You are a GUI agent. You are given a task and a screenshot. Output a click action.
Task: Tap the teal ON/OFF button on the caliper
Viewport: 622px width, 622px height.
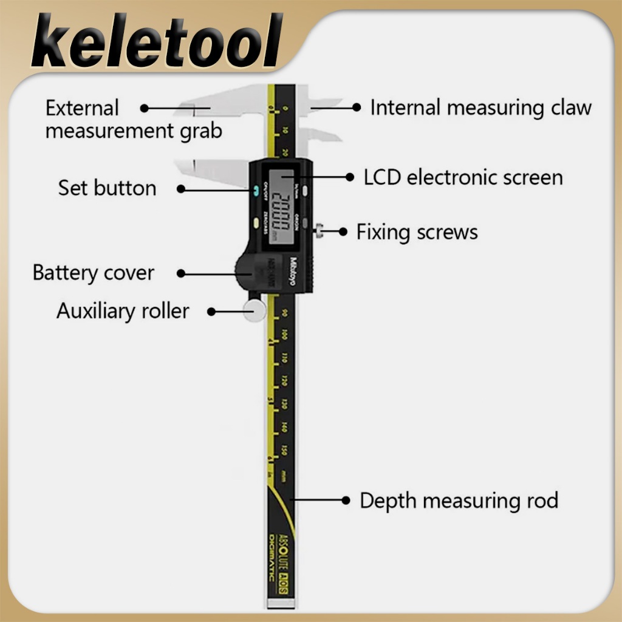click(x=257, y=190)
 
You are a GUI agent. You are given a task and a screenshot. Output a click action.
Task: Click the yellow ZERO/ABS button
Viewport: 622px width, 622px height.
click(x=257, y=223)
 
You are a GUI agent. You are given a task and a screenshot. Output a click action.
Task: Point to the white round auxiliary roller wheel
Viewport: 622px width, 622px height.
click(x=255, y=310)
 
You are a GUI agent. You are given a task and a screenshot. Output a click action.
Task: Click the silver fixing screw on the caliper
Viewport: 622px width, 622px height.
click(x=319, y=230)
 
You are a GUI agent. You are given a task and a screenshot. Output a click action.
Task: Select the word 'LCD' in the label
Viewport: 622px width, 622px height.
click(x=382, y=177)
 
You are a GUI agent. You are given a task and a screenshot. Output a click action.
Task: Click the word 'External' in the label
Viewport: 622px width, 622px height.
click(x=82, y=108)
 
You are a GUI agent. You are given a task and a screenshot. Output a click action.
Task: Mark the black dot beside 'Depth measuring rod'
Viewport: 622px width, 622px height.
click(x=346, y=501)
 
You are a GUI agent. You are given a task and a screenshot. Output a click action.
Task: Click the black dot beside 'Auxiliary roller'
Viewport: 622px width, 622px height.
click(x=211, y=312)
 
